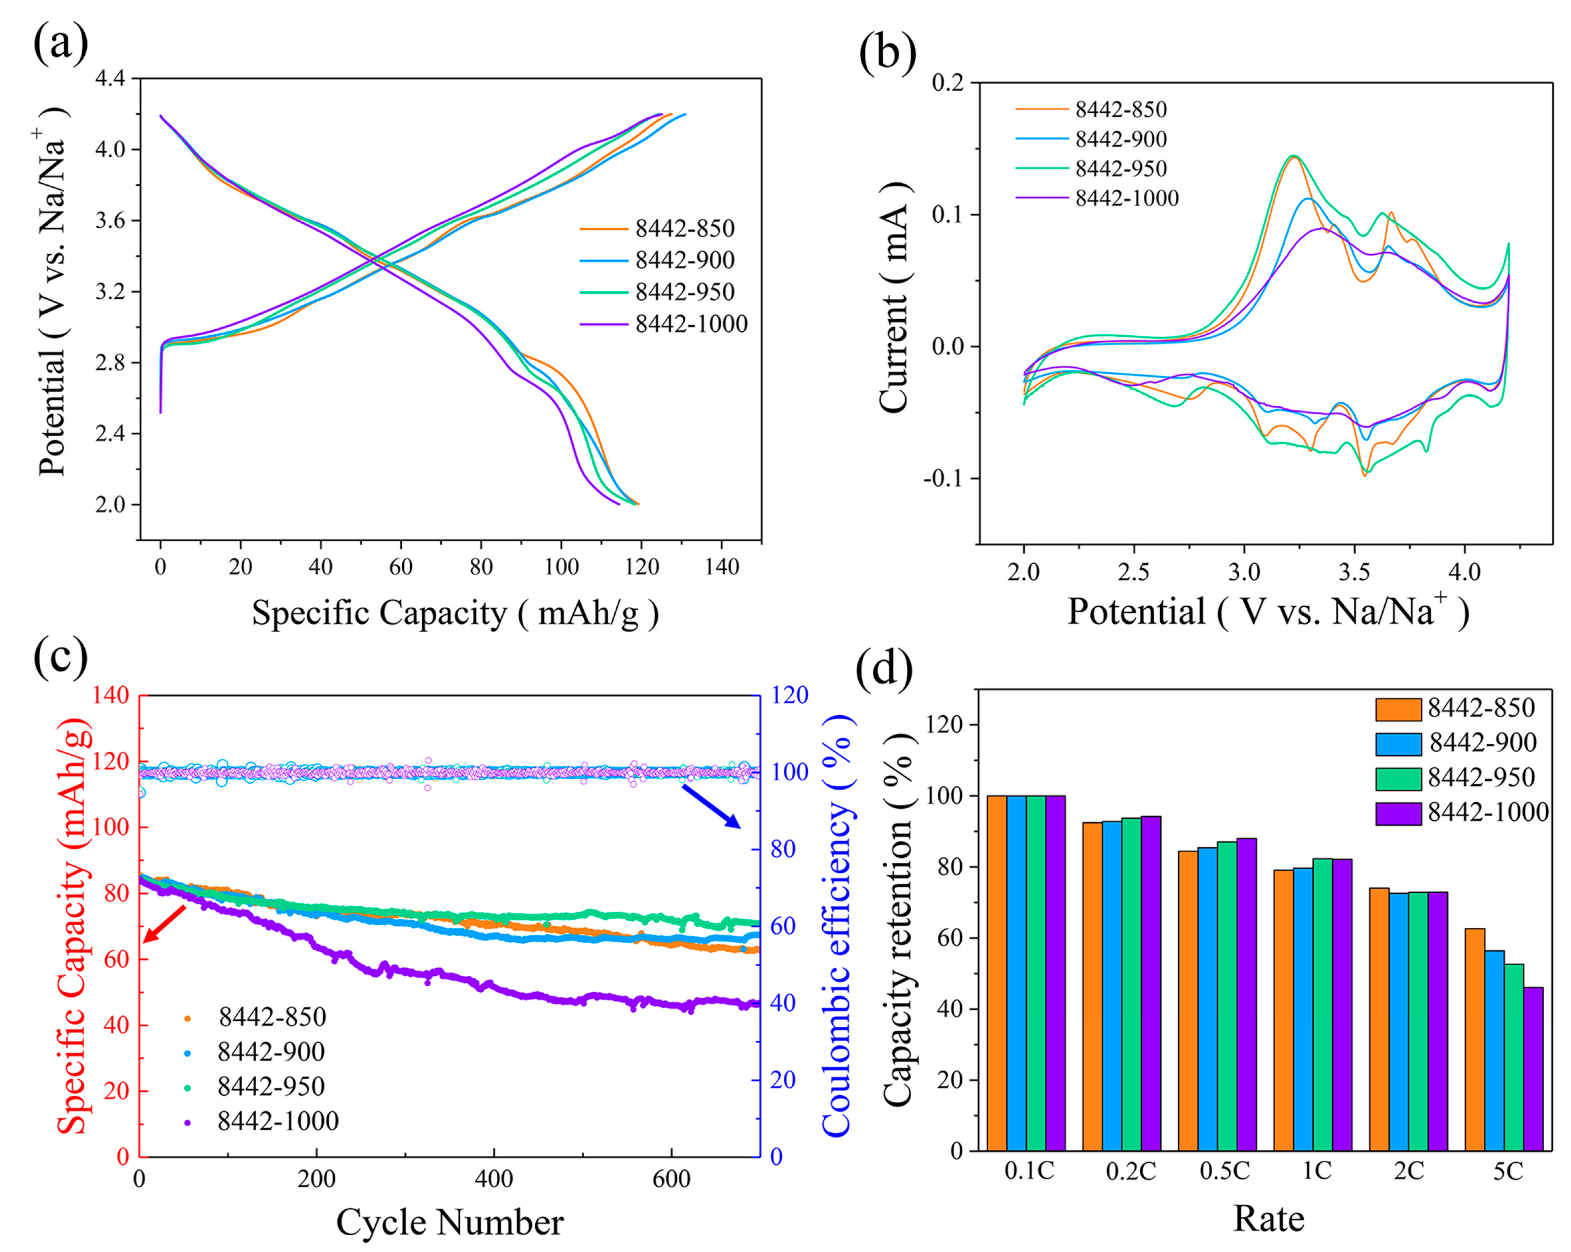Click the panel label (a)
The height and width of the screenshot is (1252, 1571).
click(x=60, y=44)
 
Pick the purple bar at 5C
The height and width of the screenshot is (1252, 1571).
click(x=1533, y=1068)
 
